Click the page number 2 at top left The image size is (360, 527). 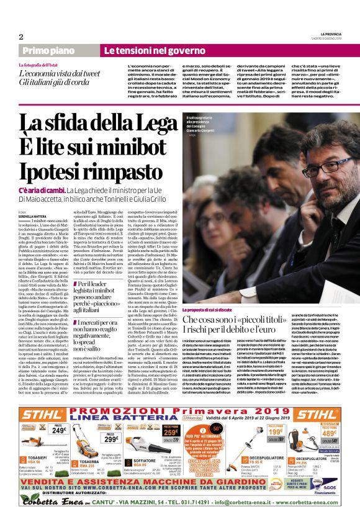[x=20, y=36]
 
